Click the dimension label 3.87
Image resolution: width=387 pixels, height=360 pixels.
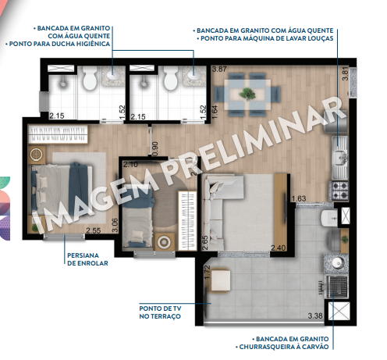[219, 70]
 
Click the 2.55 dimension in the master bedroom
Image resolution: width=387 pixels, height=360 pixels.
[93, 230]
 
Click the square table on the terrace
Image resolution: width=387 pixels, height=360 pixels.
[221, 281]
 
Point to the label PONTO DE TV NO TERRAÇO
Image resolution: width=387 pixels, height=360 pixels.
[160, 312]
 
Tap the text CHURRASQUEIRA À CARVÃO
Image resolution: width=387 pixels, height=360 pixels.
[291, 347]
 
